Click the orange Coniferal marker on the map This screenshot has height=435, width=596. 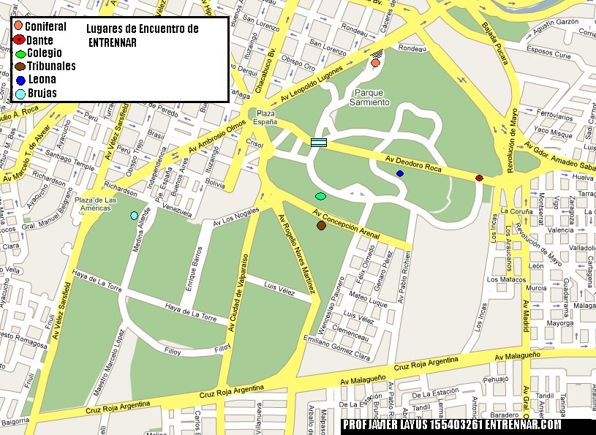click(x=375, y=64)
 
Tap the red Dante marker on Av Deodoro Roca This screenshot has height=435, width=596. click(x=479, y=178)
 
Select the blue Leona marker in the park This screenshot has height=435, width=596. click(x=399, y=173)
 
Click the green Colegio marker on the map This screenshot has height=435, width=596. click(x=320, y=196)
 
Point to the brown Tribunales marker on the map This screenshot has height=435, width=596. click(x=321, y=226)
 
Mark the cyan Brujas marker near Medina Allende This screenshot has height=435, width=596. click(x=134, y=215)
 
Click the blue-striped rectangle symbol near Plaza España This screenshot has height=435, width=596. click(x=318, y=143)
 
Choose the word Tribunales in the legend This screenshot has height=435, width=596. click(x=51, y=66)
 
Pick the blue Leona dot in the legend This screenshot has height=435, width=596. click(x=20, y=80)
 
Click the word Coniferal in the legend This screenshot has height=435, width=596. click(x=45, y=26)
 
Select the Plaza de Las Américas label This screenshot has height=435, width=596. click(x=96, y=204)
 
